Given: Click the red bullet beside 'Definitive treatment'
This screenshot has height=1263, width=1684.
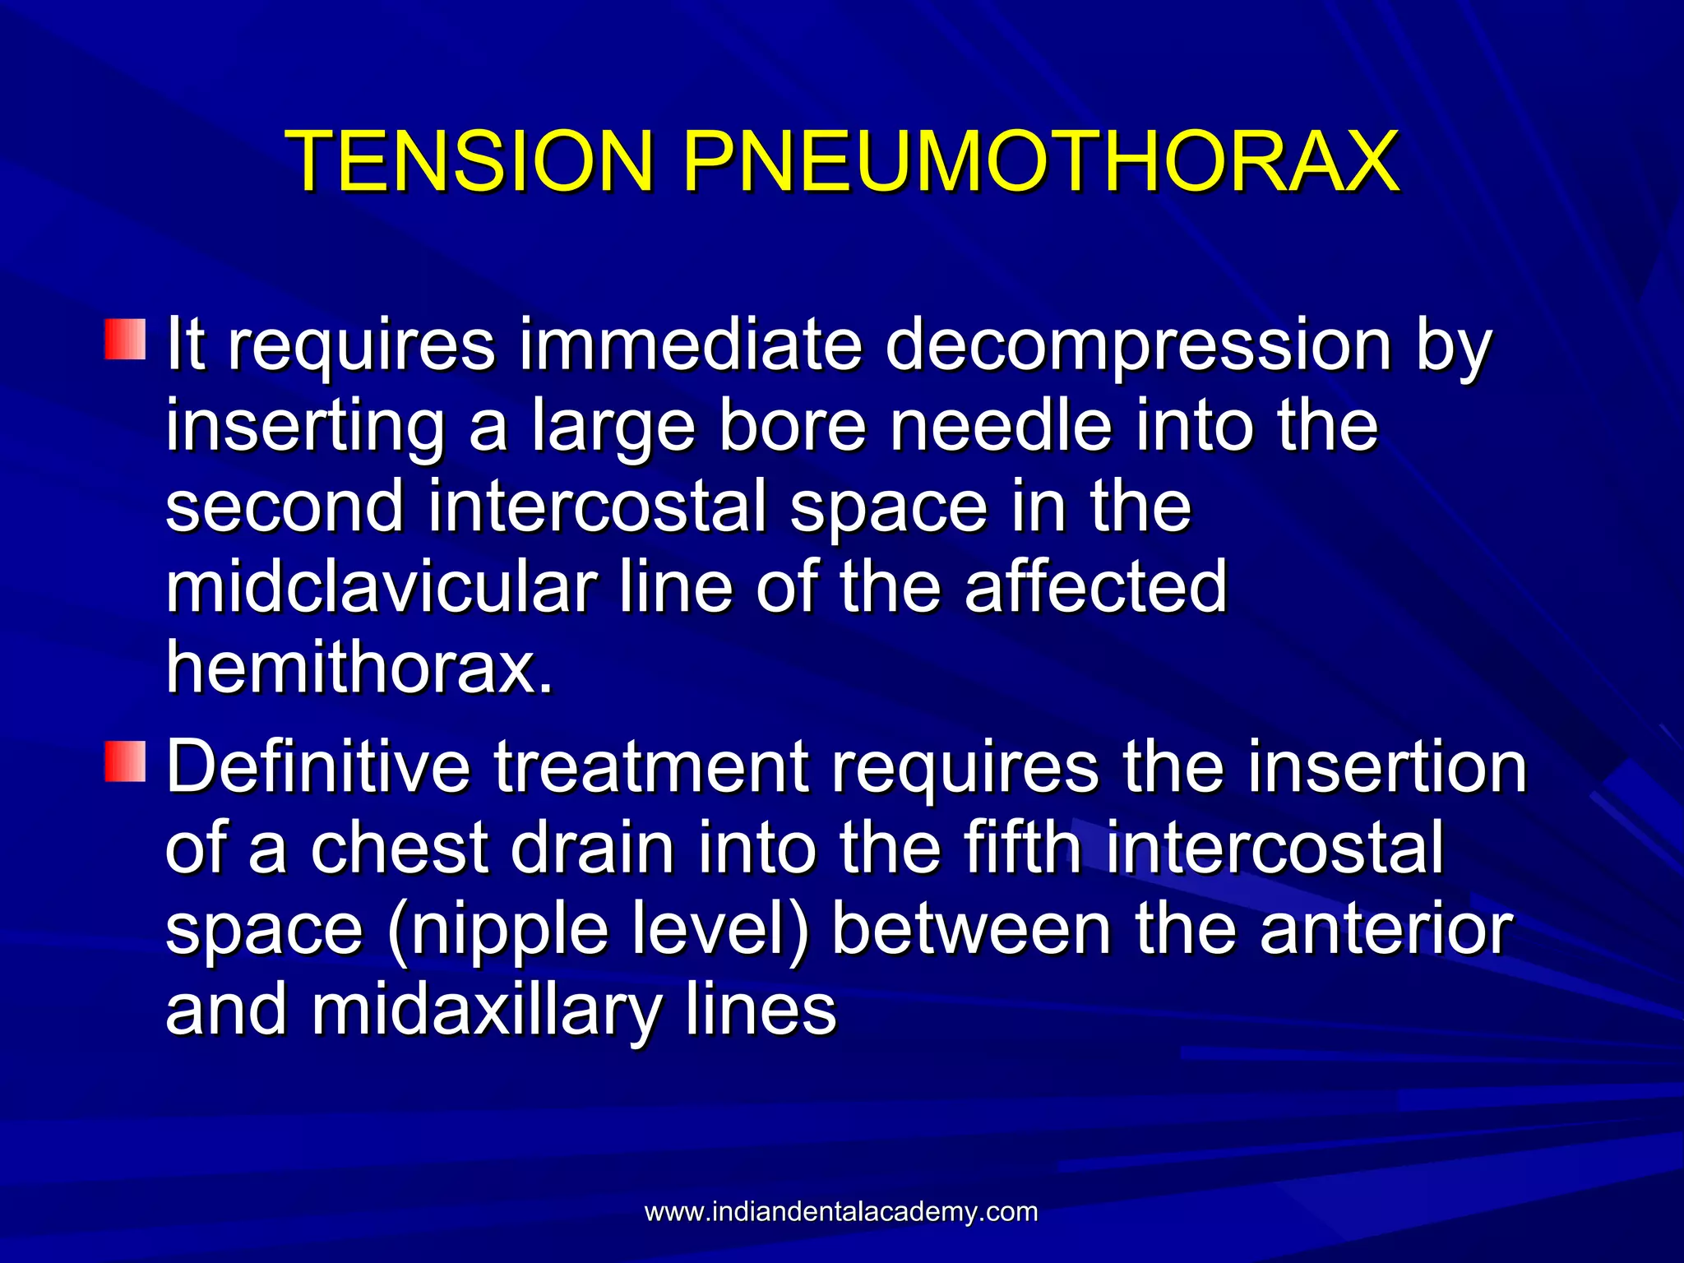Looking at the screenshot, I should pos(125,761).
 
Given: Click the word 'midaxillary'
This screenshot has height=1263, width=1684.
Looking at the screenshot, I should pos(486,1010).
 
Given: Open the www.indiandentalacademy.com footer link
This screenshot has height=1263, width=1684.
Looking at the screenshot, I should pos(841,1211).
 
